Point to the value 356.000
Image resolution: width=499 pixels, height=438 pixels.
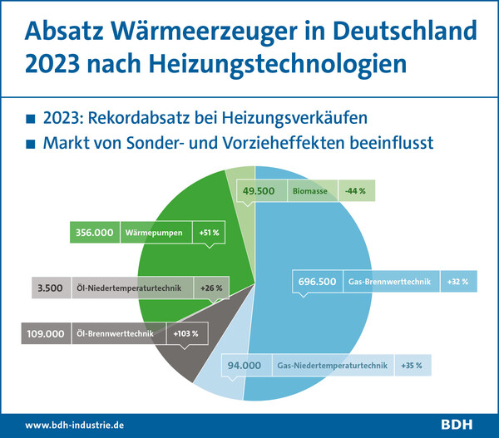pyautogui.click(x=94, y=233)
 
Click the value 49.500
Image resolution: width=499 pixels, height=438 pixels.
pyautogui.click(x=259, y=190)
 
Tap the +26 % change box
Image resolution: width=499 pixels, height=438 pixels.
pyautogui.click(x=211, y=288)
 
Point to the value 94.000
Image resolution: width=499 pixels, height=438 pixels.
pyautogui.click(x=245, y=365)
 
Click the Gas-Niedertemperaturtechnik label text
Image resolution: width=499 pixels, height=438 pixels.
pyautogui.click(x=332, y=365)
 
